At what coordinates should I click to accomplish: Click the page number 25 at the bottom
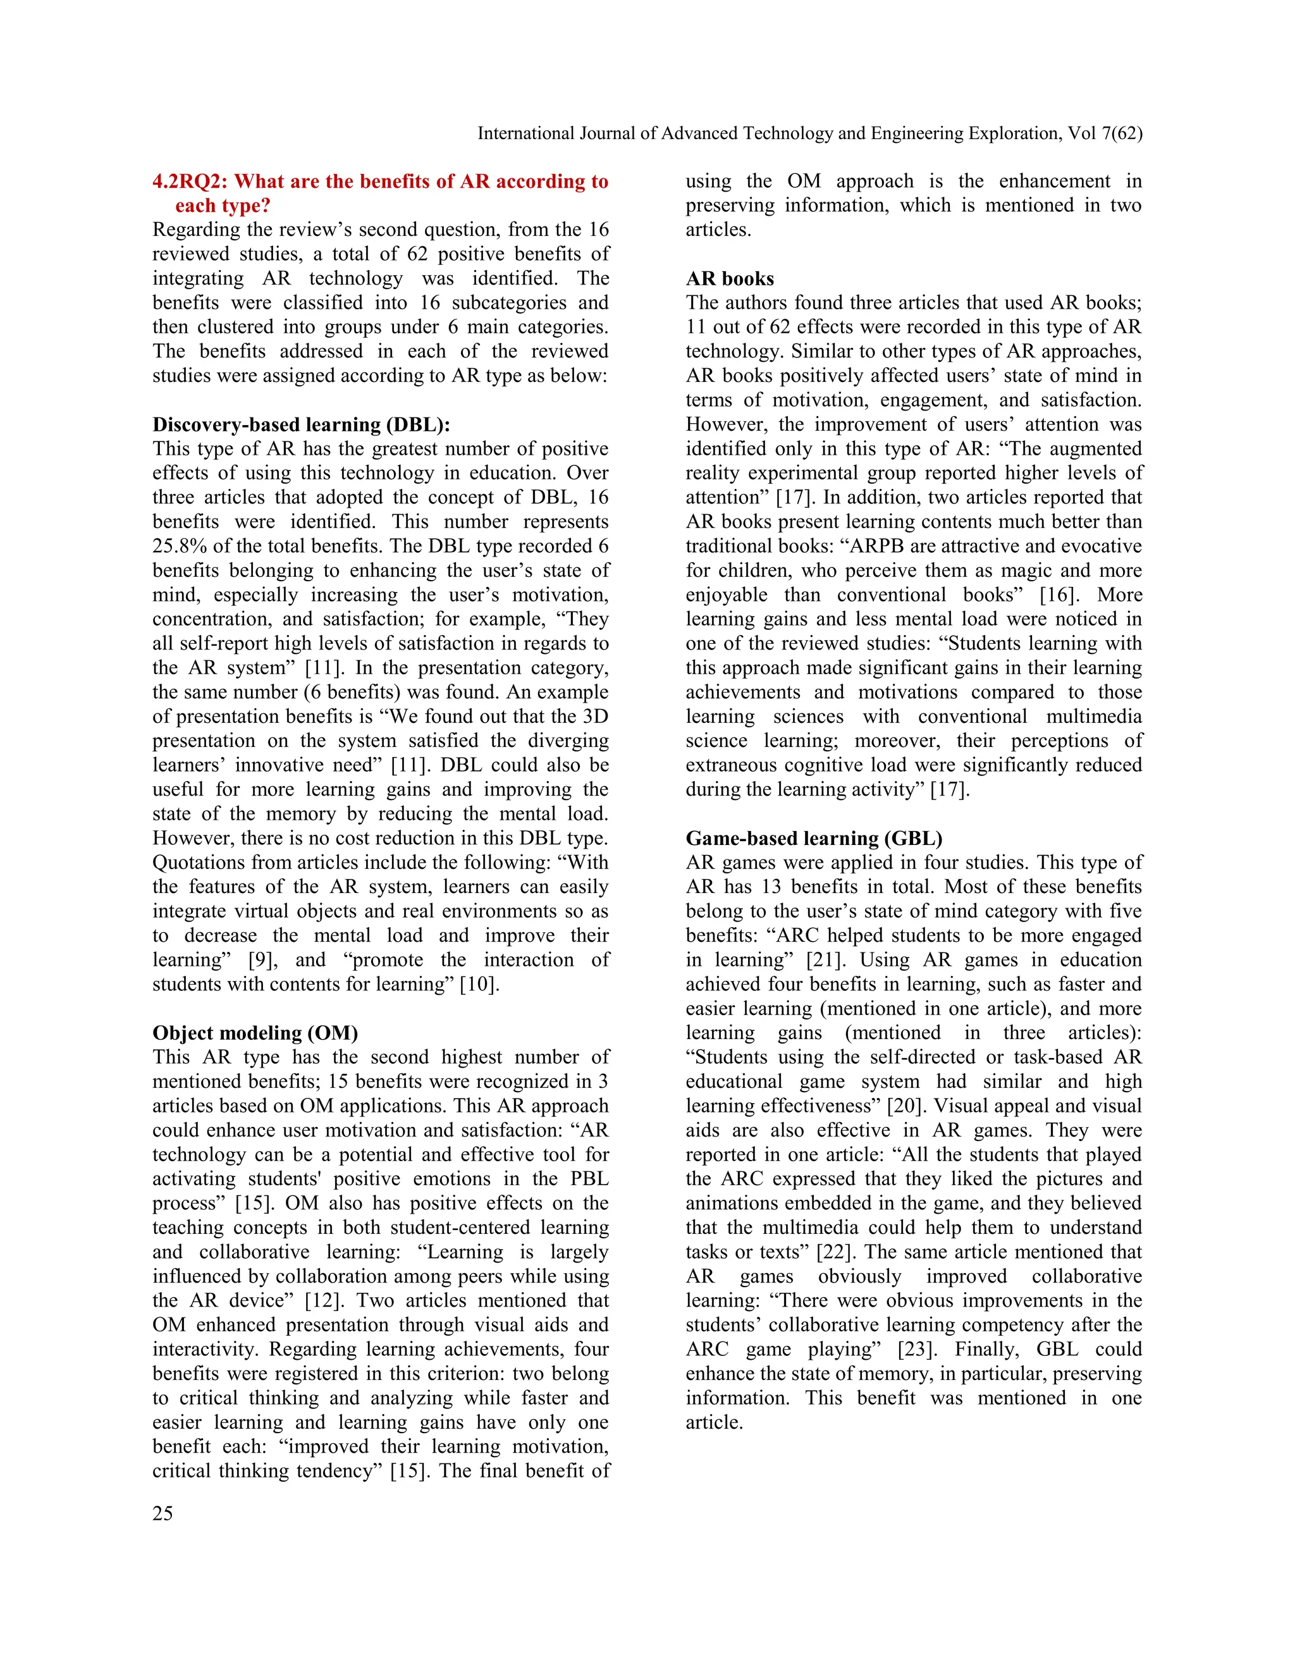click(163, 1513)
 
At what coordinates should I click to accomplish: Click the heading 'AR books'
click(730, 278)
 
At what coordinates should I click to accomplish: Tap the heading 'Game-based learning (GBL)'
click(814, 838)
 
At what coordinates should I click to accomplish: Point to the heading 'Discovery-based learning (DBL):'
click(302, 424)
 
